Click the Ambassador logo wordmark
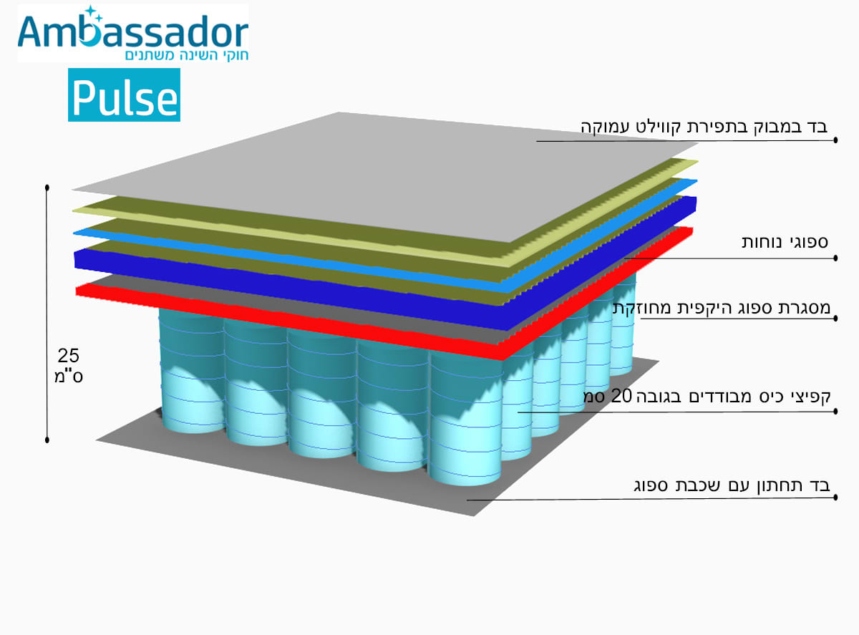(x=133, y=31)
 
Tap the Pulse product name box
(x=124, y=95)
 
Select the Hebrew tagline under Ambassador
(x=186, y=55)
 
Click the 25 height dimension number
(x=69, y=355)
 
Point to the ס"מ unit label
(x=69, y=376)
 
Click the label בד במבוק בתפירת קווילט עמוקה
(x=704, y=127)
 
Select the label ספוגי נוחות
(x=785, y=242)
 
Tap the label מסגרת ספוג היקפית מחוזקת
(x=722, y=308)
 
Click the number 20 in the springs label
(x=621, y=396)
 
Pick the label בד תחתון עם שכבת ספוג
(x=732, y=485)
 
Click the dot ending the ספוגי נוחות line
(x=835, y=258)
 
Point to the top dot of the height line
(x=47, y=188)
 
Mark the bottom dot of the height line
(x=47, y=440)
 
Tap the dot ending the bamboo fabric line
(x=835, y=140)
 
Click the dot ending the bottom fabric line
(x=835, y=497)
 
